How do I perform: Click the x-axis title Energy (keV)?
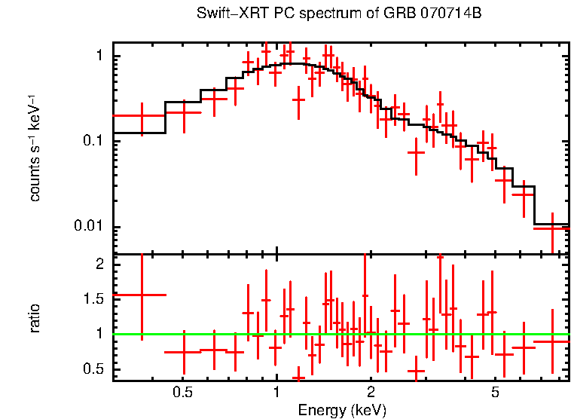click(342, 411)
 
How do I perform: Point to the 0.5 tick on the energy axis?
click(181, 393)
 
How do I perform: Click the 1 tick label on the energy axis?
click(276, 393)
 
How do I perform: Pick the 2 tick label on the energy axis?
click(371, 393)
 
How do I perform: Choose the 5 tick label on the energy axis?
click(496, 393)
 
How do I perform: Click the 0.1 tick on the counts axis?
click(91, 142)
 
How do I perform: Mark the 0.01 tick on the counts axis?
click(88, 228)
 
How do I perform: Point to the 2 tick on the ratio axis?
click(98, 264)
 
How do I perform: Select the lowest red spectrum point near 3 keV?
click(416, 152)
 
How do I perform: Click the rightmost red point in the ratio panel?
click(552, 341)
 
